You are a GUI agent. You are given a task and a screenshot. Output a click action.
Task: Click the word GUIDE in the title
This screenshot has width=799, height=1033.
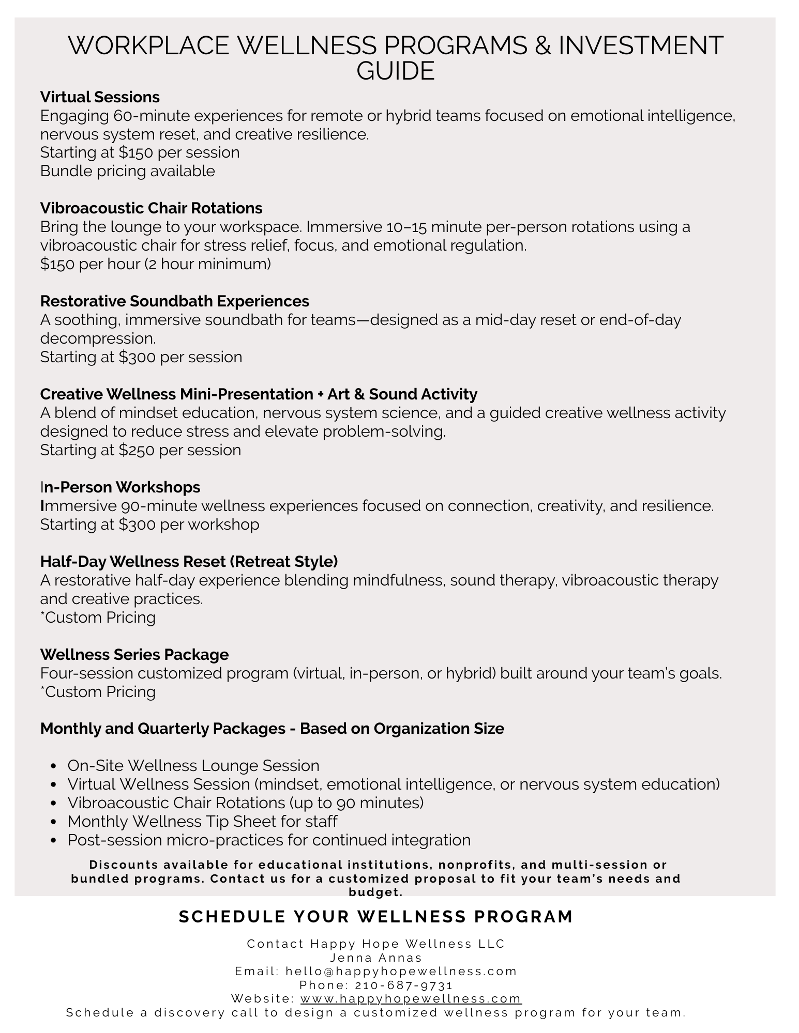(396, 71)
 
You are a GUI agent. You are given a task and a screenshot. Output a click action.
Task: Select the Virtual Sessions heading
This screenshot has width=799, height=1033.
(100, 97)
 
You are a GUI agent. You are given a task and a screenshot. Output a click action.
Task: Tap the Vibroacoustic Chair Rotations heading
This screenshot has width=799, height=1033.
(151, 208)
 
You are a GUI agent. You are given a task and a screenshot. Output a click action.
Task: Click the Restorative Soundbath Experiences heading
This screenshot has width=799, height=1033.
(174, 301)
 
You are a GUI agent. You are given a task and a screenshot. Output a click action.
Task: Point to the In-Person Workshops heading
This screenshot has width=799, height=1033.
(120, 487)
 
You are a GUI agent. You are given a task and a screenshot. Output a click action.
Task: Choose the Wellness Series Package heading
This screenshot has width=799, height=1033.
(134, 655)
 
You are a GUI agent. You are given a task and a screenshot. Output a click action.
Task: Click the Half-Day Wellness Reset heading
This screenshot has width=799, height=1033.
(189, 562)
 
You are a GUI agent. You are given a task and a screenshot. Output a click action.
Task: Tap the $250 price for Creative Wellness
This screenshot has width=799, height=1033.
(136, 450)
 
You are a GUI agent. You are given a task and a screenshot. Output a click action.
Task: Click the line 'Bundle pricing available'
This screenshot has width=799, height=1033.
(127, 171)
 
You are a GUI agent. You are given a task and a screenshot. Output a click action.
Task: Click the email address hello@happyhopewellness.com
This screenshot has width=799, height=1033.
(401, 971)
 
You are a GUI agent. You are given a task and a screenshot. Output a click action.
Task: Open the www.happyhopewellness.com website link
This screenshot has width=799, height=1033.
(411, 998)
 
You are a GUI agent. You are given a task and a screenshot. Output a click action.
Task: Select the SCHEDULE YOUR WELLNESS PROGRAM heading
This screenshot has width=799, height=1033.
(376, 917)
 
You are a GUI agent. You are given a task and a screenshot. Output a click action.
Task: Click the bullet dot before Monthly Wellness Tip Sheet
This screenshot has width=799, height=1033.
(54, 822)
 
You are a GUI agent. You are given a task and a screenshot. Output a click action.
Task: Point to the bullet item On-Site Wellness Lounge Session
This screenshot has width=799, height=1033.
(193, 766)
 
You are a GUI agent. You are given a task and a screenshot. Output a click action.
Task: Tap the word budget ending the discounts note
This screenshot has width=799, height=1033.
(375, 892)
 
